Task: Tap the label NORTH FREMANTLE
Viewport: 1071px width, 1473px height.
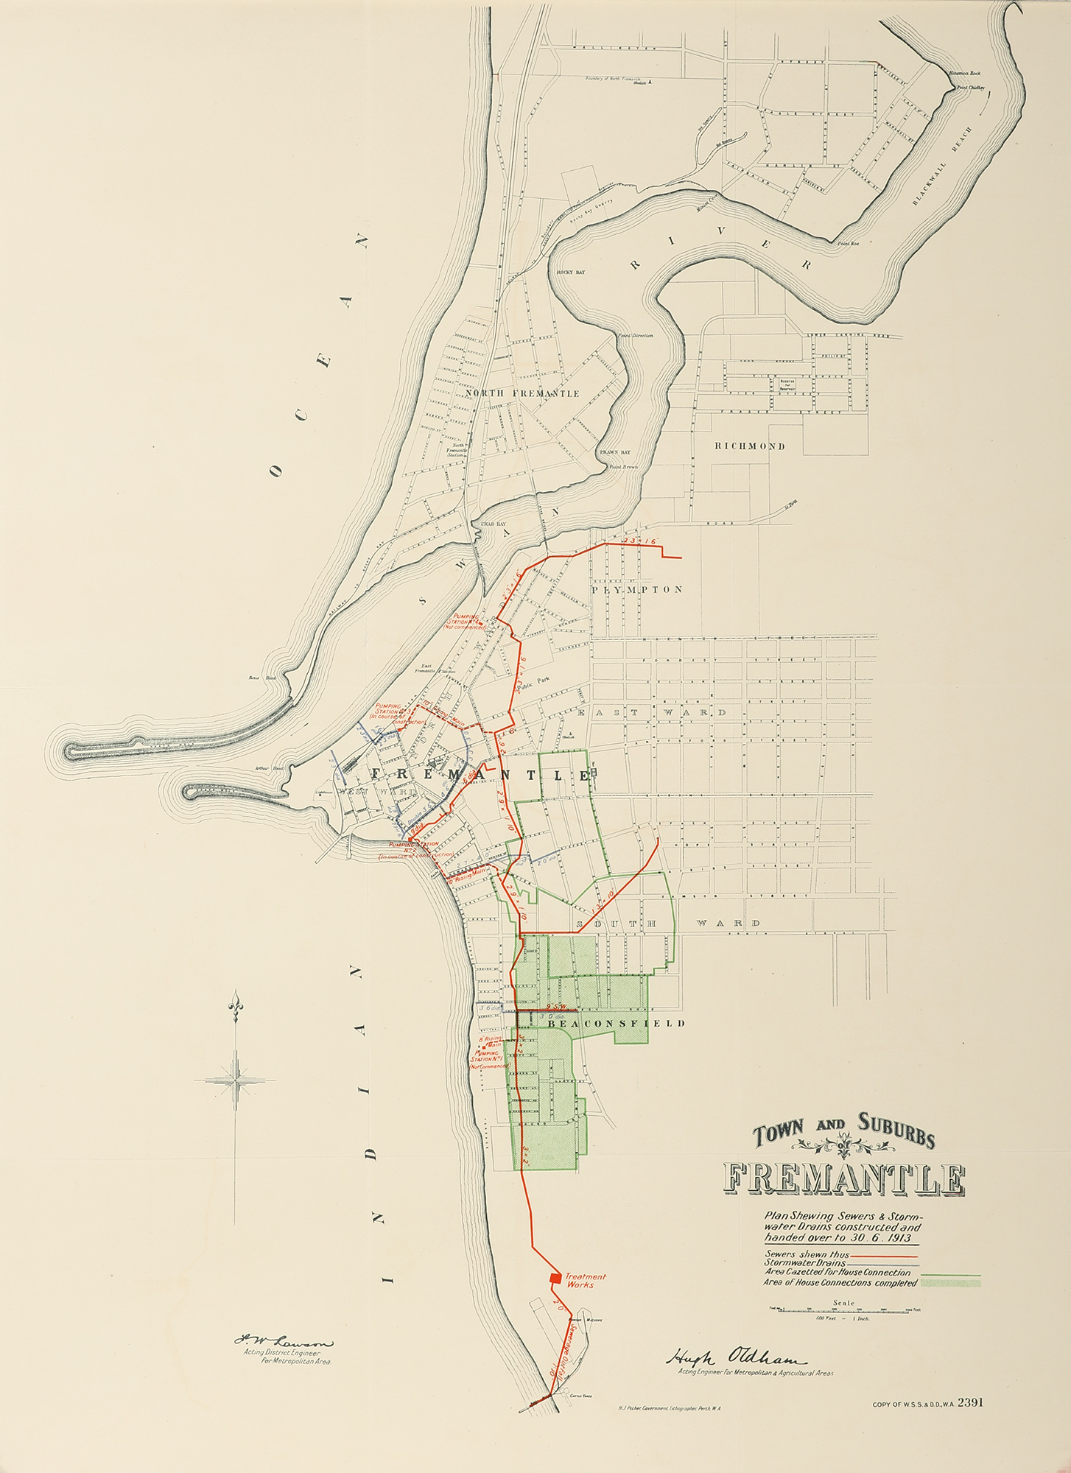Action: click(522, 393)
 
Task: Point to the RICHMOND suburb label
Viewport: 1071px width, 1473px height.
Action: click(749, 446)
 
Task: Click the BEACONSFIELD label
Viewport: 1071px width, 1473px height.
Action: click(617, 1023)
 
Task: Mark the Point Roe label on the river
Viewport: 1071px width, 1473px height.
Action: click(848, 243)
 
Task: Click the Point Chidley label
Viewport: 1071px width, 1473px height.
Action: click(971, 87)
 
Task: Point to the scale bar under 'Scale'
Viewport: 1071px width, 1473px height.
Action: click(844, 1309)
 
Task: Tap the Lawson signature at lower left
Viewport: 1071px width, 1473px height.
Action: click(284, 1343)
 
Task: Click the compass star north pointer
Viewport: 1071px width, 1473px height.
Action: click(236, 1080)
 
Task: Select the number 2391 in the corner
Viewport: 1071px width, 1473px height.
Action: click(971, 1402)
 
